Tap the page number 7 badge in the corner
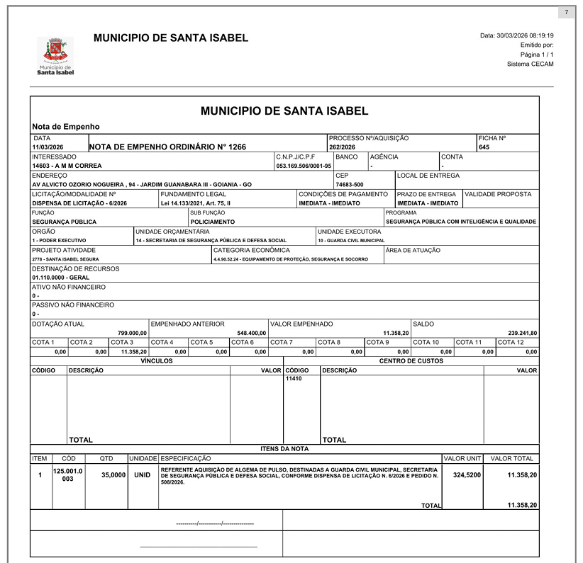tap(566, 13)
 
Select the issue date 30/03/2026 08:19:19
tap(516, 35)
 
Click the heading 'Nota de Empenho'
tap(66, 127)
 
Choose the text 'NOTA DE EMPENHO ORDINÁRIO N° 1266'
tap(167, 147)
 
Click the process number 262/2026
tap(342, 147)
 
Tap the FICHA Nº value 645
tap(484, 147)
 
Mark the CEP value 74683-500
tap(350, 184)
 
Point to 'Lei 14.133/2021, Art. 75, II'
tap(196, 203)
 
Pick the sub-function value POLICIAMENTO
tap(212, 222)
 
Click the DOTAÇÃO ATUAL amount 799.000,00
tap(132, 333)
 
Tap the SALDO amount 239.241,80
tap(523, 333)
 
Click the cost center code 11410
tap(294, 379)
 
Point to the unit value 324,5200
tap(467, 474)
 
